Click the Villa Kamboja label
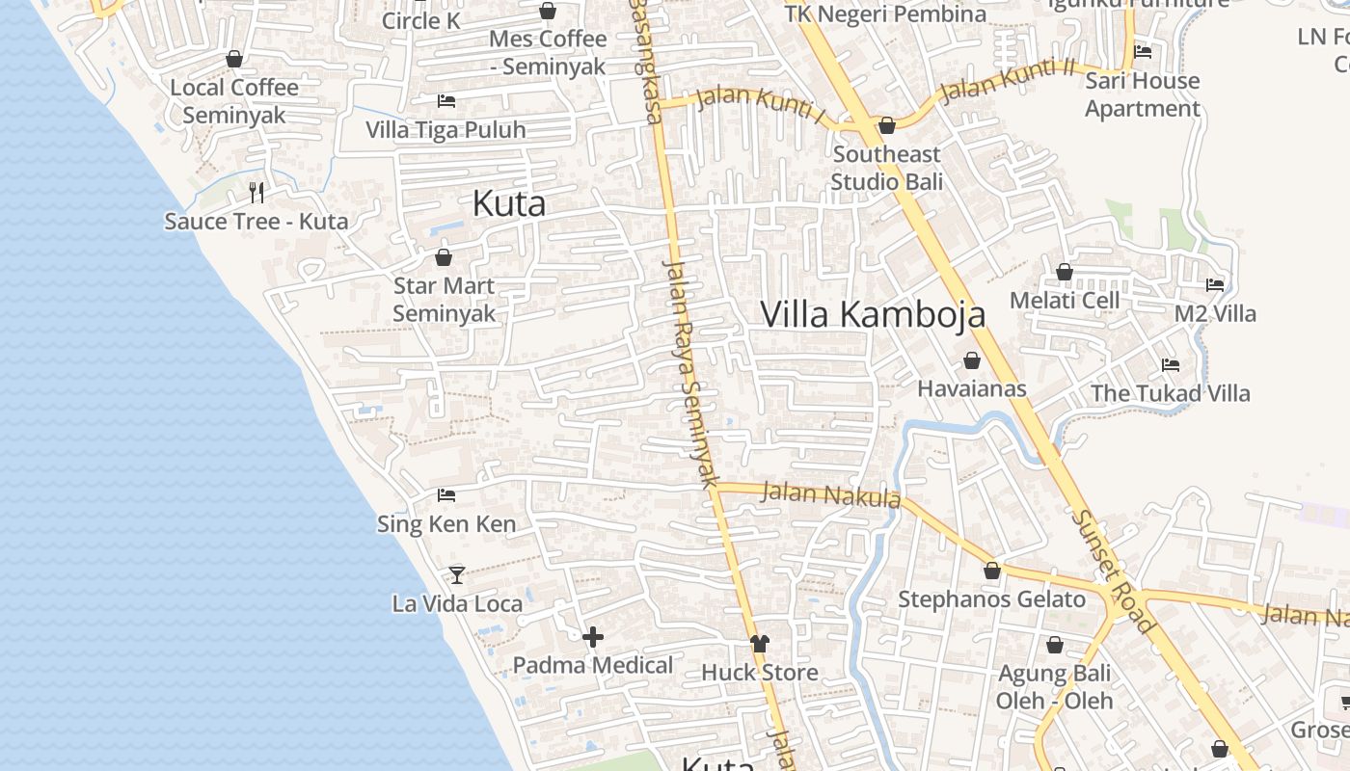(873, 314)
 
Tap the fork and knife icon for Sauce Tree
(256, 192)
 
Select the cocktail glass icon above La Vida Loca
(457, 575)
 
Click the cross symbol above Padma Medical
(593, 636)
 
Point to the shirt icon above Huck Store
(760, 643)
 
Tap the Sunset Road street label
(1113, 572)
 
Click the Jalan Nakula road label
(830, 495)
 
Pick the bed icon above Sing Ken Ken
(446, 495)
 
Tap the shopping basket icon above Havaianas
(972, 360)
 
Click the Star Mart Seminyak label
(444, 300)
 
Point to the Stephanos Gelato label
(991, 599)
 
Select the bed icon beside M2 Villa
(1215, 285)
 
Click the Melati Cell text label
(1065, 301)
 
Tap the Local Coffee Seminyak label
(234, 101)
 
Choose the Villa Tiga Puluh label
(445, 129)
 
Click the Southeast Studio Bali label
(886, 168)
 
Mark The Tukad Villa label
(1170, 393)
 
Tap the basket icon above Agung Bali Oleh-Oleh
(1055, 645)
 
